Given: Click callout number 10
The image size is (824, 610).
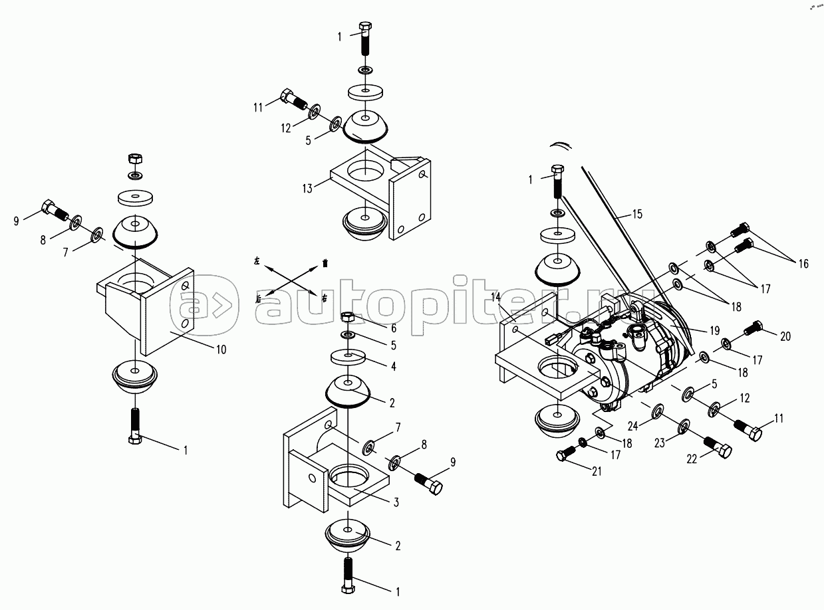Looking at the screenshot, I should point(219,350).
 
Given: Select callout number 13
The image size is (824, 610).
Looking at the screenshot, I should point(306,188).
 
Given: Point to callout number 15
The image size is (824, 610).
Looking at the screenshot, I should point(637,215).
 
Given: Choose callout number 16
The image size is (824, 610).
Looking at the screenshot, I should point(803,264).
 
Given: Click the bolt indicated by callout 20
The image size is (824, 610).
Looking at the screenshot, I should point(752,328).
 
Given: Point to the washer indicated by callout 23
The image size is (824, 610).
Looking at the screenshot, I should point(683,427).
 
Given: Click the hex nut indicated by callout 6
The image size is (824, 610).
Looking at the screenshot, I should point(346,316).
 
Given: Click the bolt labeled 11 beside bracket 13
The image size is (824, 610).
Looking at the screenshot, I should point(291,98).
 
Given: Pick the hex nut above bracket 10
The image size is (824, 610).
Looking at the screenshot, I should point(134,159).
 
